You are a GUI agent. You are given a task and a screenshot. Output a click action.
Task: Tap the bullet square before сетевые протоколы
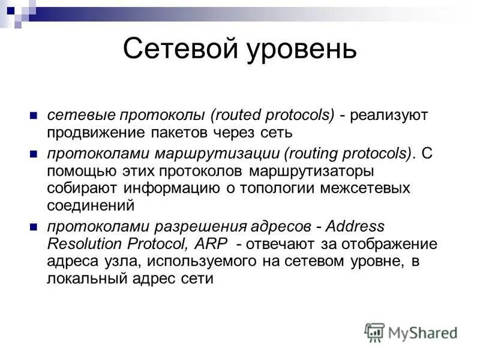pos(34,115)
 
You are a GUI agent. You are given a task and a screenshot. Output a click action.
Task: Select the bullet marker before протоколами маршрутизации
pos(34,154)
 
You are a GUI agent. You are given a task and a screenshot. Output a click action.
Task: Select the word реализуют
pos(391,115)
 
